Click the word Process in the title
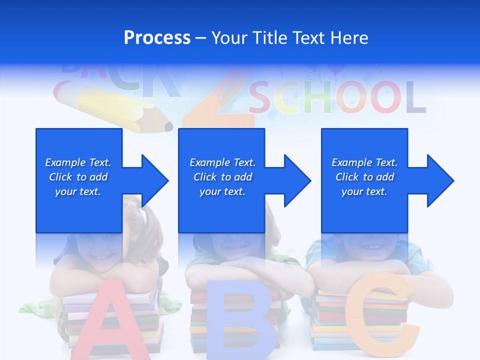(x=157, y=38)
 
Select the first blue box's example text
(x=78, y=177)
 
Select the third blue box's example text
(x=364, y=177)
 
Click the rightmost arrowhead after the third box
(x=439, y=180)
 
